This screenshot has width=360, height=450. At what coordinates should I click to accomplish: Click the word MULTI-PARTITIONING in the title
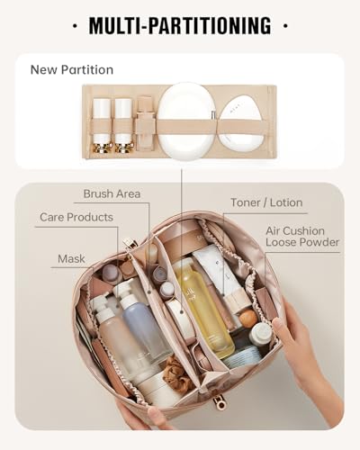[180, 25]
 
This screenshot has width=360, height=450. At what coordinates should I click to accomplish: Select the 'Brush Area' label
[112, 193]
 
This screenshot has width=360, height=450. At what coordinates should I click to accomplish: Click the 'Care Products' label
[76, 217]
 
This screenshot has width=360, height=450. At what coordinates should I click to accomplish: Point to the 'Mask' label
[71, 258]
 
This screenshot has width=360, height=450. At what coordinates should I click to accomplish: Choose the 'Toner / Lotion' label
[266, 202]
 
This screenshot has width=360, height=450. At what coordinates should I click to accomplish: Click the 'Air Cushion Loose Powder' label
[302, 237]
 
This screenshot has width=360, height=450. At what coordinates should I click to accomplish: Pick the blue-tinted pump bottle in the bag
[144, 324]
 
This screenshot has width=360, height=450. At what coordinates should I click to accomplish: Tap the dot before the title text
[74, 25]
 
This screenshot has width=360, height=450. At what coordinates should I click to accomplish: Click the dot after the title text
[285, 25]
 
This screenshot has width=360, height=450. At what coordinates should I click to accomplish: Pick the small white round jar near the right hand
[261, 335]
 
